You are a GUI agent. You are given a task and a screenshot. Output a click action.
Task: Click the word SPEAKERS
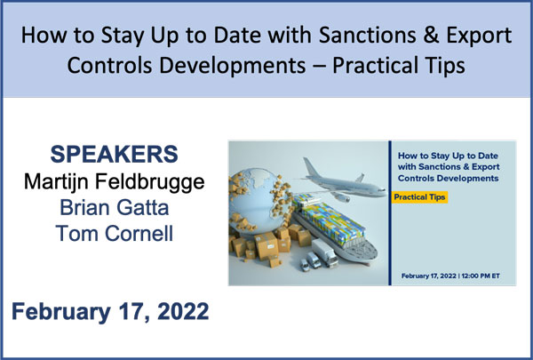[115, 154]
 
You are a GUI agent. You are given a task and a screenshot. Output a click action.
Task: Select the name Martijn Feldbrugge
[115, 182]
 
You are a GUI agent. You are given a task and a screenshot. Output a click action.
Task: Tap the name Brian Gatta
[115, 208]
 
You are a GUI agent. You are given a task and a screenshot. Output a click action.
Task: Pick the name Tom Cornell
[115, 234]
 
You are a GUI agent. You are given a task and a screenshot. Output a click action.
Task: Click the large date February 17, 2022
[110, 312]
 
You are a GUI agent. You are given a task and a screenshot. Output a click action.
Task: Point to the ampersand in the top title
[432, 35]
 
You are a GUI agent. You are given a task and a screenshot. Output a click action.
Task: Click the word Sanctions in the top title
[368, 35]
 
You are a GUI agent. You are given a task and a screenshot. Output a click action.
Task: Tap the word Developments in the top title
[233, 66]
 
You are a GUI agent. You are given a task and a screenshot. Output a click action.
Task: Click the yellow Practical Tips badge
[419, 197]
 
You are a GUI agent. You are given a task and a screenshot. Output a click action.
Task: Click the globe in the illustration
[259, 202]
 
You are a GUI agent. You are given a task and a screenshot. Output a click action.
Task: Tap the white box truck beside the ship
[324, 252]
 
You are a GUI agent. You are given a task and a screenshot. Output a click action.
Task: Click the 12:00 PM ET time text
[481, 276]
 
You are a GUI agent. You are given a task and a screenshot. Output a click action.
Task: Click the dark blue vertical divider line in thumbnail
[390, 212]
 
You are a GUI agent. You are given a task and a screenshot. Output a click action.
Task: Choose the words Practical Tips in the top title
[398, 66]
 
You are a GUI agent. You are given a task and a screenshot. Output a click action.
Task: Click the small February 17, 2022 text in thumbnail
[430, 276]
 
